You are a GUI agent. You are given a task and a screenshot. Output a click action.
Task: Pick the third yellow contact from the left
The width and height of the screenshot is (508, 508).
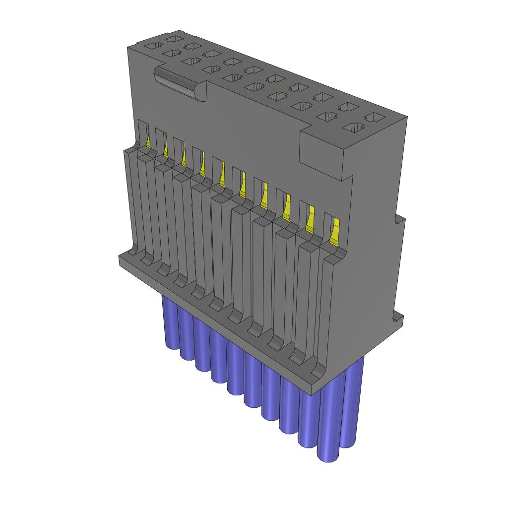(x=184, y=158)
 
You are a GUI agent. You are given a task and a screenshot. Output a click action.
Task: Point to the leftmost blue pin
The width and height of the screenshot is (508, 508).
(x=170, y=322)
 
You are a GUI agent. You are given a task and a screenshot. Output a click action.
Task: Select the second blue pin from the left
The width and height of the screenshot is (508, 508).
(x=187, y=337)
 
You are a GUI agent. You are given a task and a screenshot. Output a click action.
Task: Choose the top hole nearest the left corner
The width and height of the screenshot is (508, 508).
(x=154, y=46)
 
